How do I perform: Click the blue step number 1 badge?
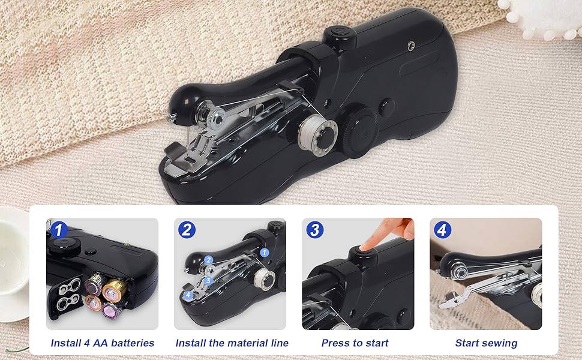coord(58,229)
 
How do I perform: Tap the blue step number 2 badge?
coord(187,229)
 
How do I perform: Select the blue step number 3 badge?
coord(315,229)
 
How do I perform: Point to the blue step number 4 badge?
coord(443,230)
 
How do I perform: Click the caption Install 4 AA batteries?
coord(103,343)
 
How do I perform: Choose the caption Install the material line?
coord(232,343)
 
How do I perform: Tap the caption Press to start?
coord(355,343)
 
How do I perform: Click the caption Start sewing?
coord(486,343)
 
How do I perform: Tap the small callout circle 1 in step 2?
coord(265,253)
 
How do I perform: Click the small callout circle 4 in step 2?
coord(188,295)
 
